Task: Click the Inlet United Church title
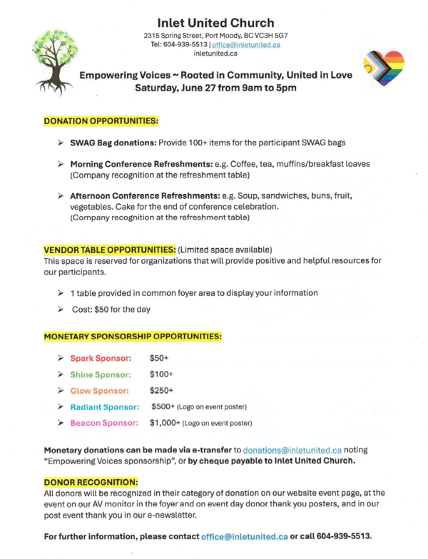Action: [214, 24]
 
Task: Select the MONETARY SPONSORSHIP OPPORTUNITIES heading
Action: [133, 335]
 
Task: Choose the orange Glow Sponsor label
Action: [99, 391]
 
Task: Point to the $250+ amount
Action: [162, 391]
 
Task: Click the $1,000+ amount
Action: [165, 424]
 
